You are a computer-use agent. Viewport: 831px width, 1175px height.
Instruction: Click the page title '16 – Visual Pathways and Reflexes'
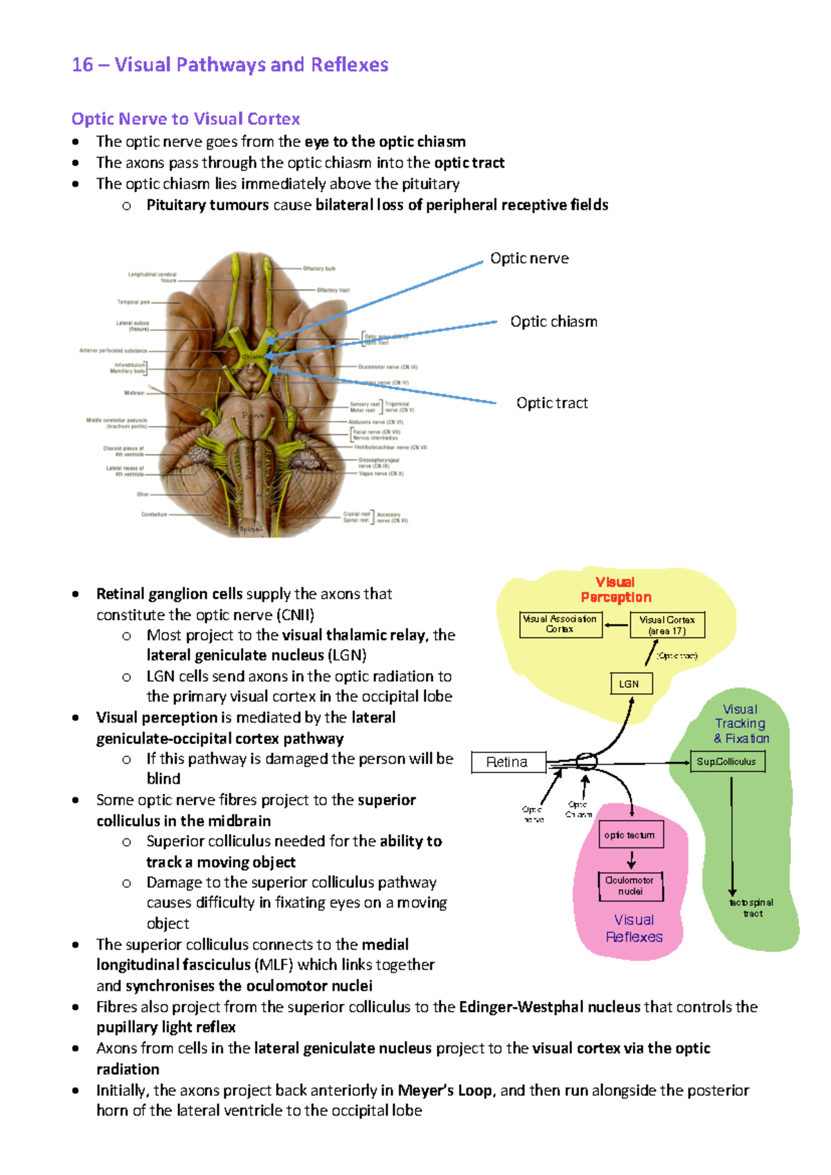230,65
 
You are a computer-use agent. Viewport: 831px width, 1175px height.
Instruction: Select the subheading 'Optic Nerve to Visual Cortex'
186,119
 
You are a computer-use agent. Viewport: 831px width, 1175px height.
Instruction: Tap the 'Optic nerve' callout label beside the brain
529,258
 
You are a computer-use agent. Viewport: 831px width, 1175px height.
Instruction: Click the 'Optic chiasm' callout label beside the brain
553,321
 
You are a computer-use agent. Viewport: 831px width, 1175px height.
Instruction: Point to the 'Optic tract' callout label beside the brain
552,403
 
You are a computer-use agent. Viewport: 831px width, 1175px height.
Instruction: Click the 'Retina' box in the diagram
508,762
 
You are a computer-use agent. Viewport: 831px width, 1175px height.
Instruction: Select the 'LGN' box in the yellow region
630,684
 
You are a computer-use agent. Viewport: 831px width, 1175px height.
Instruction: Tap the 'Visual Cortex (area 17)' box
667,625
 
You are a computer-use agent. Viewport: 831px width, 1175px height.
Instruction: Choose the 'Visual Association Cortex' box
560,624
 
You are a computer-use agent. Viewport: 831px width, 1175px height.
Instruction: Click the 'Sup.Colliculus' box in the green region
726,761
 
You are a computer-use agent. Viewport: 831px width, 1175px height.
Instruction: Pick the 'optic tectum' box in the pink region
630,835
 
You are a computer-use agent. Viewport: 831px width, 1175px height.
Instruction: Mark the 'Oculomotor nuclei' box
630,886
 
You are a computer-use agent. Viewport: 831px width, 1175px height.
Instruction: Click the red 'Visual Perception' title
616,590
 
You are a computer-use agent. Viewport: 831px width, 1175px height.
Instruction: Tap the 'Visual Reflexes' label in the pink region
634,928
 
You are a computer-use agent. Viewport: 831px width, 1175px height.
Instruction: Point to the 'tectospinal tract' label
752,908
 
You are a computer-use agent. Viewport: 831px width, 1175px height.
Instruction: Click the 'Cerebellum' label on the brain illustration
154,515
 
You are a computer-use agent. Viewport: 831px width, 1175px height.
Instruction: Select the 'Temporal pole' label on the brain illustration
134,302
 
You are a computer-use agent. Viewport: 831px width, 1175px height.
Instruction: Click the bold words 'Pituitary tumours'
207,205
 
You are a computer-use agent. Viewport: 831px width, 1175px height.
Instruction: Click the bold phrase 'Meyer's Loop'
445,1090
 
